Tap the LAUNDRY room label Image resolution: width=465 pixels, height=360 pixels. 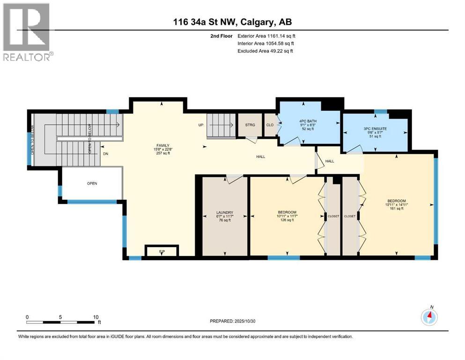pyautogui.click(x=225, y=212)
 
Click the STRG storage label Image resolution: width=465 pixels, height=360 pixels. pyautogui.click(x=250, y=125)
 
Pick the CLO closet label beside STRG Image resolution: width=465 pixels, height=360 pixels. pyautogui.click(x=270, y=125)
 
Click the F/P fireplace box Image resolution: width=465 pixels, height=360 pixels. pyautogui.click(x=162, y=252)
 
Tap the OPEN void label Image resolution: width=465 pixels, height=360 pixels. pyautogui.click(x=92, y=183)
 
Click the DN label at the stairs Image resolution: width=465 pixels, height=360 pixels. pyautogui.click(x=106, y=153)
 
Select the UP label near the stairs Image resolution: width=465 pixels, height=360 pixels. pyautogui.click(x=200, y=125)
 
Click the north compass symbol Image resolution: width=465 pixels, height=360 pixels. pyautogui.click(x=429, y=317)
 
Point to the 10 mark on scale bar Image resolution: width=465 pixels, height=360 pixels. pyautogui.click(x=96, y=317)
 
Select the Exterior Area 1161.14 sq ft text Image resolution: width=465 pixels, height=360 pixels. pyautogui.click(x=266, y=36)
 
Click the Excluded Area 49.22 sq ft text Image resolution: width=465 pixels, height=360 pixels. pyautogui.click(x=266, y=51)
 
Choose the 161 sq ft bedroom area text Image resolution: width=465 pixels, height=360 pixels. pyautogui.click(x=393, y=209)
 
